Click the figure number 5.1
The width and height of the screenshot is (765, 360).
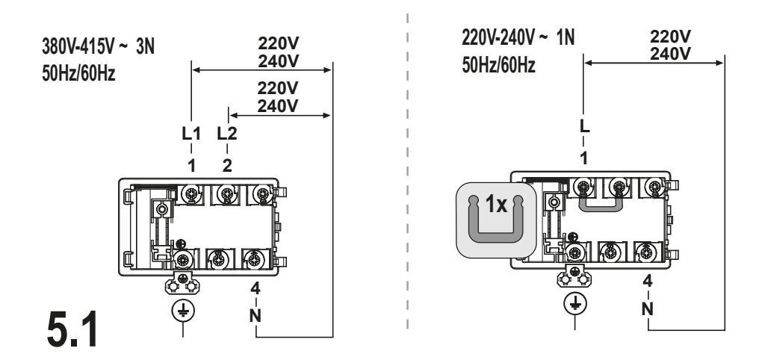click(x=72, y=330)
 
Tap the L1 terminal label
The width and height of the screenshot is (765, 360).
click(x=191, y=133)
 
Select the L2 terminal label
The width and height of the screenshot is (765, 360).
click(x=227, y=133)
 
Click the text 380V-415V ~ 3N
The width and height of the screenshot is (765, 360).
click(x=98, y=47)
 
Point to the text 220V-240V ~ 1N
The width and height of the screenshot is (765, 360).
click(x=518, y=37)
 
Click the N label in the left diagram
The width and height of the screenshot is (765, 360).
click(x=255, y=316)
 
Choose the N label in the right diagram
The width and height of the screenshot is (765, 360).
click(x=648, y=308)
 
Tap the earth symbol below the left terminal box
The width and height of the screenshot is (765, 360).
click(x=183, y=310)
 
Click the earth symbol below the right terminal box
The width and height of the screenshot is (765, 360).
click(x=575, y=303)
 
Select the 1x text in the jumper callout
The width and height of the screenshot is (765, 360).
click(x=496, y=205)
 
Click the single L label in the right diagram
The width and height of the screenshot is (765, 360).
click(x=584, y=126)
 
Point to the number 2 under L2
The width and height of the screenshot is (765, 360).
click(x=227, y=166)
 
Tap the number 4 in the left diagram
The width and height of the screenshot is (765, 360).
click(x=255, y=288)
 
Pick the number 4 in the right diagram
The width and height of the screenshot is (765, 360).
click(x=648, y=281)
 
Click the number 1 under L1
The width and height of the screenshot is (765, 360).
click(x=192, y=166)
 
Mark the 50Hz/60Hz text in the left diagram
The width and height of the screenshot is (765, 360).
click(x=78, y=74)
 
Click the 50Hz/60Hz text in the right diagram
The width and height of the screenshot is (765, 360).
click(x=498, y=65)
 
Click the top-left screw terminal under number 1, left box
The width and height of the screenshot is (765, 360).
click(x=191, y=194)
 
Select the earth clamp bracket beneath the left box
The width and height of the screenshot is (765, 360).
click(x=182, y=283)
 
